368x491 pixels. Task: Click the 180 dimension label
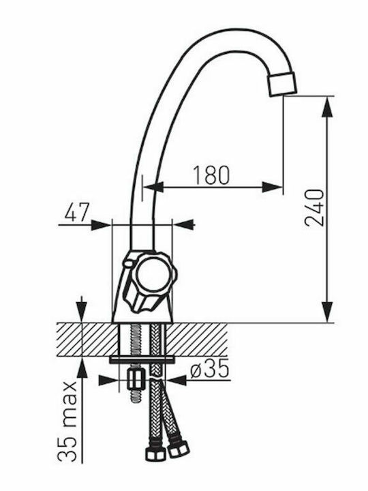211,175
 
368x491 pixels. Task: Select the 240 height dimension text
314,207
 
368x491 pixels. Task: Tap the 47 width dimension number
77,212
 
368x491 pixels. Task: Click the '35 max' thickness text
67,421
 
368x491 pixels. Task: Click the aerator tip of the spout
281,83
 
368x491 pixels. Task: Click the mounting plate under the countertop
142,360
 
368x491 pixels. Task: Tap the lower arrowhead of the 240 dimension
327,312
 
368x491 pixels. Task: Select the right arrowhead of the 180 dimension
272,188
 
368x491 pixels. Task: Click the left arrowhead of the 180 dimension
154,188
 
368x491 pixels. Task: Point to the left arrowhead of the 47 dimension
101,225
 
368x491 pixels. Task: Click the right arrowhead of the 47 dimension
183,225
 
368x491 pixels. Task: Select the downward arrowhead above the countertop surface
82,312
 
